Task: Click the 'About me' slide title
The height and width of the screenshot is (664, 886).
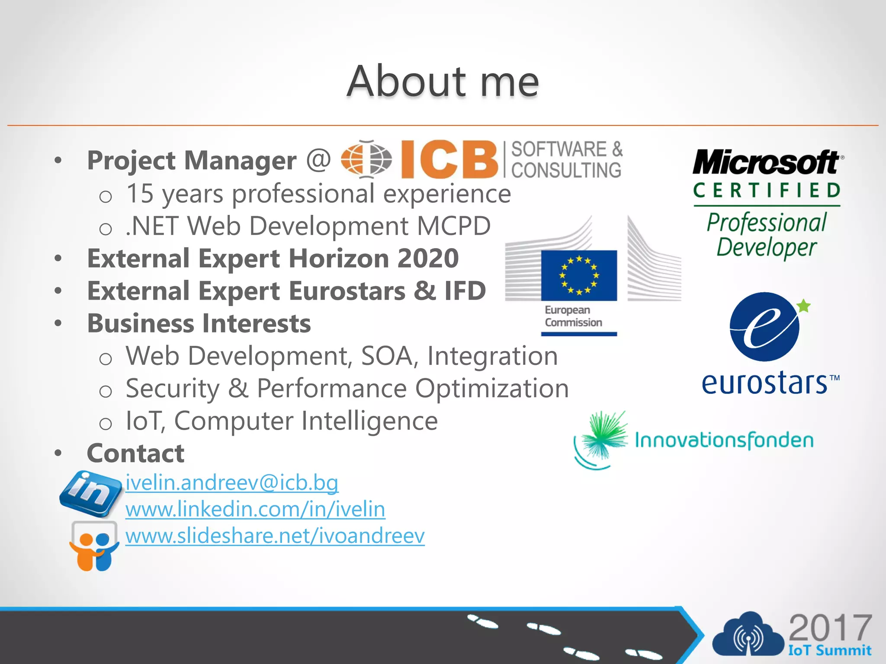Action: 443,81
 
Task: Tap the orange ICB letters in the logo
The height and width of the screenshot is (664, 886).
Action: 449,160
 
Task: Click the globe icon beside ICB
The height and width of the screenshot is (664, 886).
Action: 366,159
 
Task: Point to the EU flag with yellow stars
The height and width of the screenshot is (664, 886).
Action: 579,275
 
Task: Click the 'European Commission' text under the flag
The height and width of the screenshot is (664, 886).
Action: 573,316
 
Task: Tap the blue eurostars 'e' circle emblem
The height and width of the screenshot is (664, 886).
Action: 764,327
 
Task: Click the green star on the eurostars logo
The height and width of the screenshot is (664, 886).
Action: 803,306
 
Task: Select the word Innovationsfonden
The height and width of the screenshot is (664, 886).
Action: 724,441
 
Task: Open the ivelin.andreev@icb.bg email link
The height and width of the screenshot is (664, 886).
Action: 232,482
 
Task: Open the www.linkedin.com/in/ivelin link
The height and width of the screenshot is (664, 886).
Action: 255,509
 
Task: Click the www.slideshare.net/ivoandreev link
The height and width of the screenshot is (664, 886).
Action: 275,536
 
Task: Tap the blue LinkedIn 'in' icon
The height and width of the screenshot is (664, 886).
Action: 91,493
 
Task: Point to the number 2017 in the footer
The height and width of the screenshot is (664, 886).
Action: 830,628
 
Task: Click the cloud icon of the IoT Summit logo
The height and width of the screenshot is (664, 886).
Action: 748,635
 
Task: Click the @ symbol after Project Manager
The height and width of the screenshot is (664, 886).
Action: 318,160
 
